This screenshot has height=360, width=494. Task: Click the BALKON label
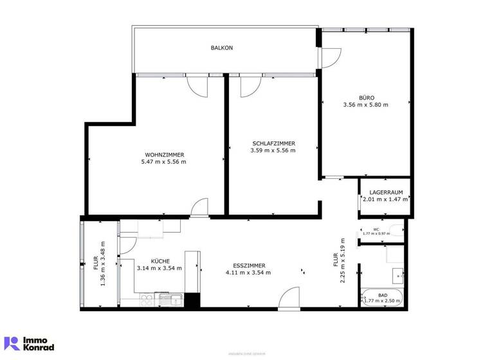point(221,48)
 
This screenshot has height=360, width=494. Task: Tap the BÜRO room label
point(366,97)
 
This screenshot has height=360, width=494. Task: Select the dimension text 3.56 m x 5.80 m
point(366,105)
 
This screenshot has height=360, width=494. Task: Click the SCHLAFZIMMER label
point(273,143)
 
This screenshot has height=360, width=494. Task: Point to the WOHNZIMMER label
point(165,155)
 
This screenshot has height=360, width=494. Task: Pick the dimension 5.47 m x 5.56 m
point(164,163)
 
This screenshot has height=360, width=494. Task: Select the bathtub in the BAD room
point(382,299)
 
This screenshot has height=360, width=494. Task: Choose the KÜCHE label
point(160,260)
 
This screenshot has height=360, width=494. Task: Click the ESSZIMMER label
point(248,265)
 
